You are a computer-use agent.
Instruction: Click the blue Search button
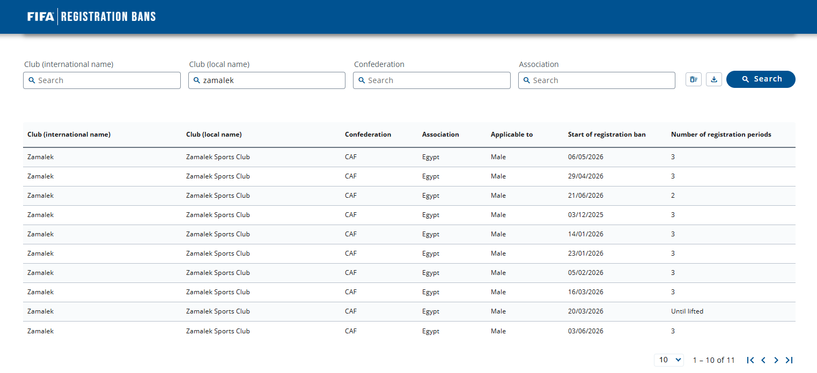pos(761,79)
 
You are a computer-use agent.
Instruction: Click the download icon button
pos(714,79)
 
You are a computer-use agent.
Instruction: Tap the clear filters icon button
pos(694,79)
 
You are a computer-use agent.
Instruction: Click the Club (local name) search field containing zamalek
pos(267,80)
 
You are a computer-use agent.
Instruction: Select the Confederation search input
pos(431,80)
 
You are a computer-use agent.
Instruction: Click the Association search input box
pos(597,80)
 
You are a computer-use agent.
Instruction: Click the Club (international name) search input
pos(102,80)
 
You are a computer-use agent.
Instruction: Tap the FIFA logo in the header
pos(41,17)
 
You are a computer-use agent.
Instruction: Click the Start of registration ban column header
pos(607,135)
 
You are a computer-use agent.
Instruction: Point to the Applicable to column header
pos(512,135)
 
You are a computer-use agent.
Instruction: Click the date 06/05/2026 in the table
pos(585,157)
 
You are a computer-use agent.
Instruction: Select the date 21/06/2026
pos(585,196)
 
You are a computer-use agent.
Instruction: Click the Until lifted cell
pos(687,311)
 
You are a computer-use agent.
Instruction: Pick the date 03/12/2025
pos(585,215)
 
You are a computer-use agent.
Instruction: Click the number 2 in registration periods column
pos(673,196)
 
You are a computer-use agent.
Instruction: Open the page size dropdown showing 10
pos(669,360)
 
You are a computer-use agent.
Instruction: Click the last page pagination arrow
pos(789,360)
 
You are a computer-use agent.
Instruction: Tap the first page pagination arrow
pos(750,360)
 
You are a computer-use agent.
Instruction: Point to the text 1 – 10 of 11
pos(713,360)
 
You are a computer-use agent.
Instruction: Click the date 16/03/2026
pos(585,292)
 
